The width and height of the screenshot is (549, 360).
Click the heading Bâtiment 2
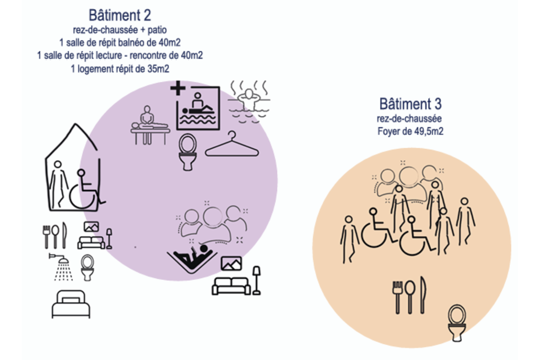(120, 15)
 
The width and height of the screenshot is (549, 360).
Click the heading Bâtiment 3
(411, 104)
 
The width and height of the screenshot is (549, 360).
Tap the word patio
(157, 30)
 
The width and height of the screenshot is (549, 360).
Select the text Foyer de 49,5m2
(411, 131)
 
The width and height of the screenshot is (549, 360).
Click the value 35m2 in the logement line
(158, 69)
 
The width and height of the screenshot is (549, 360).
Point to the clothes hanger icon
(232, 145)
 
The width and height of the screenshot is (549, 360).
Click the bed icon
(71, 304)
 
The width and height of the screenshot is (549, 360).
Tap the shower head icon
(61, 267)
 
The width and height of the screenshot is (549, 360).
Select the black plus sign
(178, 88)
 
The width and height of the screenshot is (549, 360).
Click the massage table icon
(150, 125)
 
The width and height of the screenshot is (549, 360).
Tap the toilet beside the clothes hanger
(188, 152)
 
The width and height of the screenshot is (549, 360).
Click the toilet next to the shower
(88, 268)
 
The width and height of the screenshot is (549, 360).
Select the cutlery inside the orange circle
(410, 296)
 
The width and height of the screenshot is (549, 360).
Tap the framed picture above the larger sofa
(231, 263)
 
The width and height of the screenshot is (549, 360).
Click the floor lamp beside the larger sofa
(257, 280)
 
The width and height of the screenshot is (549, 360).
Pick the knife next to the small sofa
(64, 235)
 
